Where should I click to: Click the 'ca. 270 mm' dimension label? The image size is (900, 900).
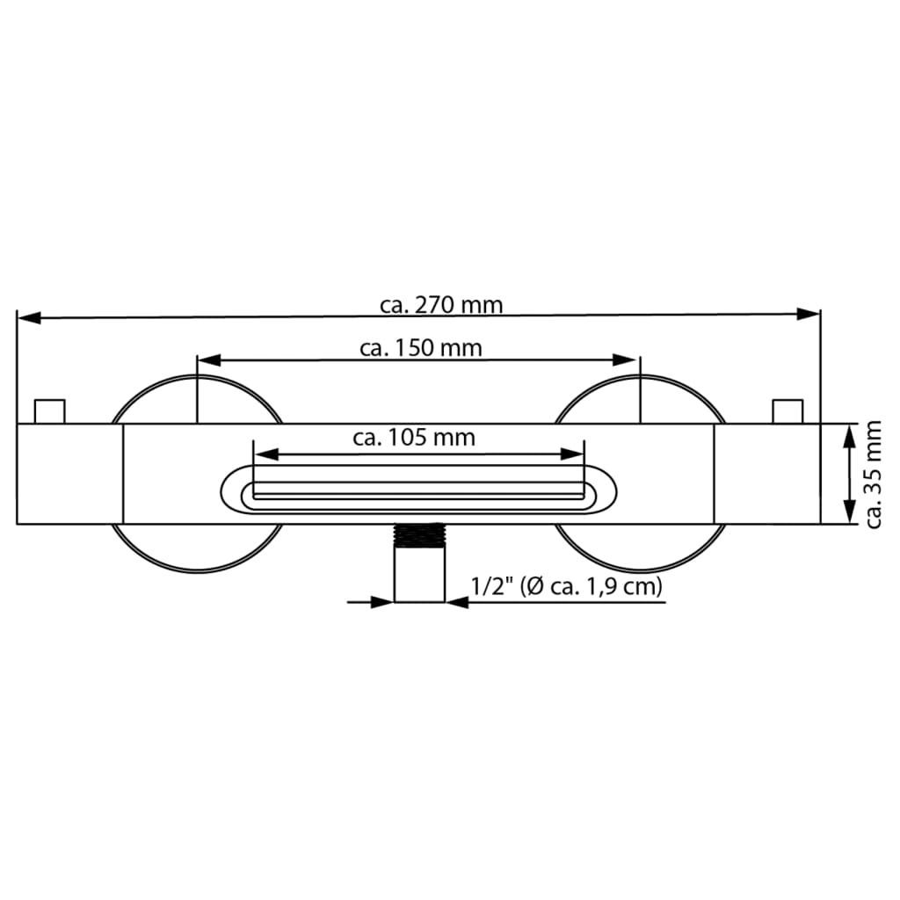point(441,305)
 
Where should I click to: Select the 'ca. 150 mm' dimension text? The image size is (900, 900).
point(421,348)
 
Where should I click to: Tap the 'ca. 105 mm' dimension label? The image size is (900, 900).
point(414,438)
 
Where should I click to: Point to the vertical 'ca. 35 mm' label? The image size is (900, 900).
point(873,474)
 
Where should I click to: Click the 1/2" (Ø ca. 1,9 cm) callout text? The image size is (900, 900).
point(567,586)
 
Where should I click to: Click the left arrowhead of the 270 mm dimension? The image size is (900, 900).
point(29,317)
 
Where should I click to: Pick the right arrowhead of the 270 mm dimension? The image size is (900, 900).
point(809,314)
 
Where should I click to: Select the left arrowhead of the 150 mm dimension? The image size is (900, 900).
point(209,359)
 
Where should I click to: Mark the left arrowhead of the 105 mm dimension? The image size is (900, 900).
point(266,454)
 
